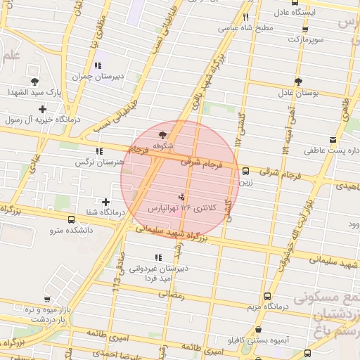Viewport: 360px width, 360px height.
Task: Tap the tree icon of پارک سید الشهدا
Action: click(x=34, y=82)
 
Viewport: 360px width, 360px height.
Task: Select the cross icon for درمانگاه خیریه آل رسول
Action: click(x=43, y=109)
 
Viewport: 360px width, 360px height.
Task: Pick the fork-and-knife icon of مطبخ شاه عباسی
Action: click(x=245, y=18)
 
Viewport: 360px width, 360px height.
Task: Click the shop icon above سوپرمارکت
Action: click(x=304, y=29)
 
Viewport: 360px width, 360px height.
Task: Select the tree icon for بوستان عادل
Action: click(x=298, y=81)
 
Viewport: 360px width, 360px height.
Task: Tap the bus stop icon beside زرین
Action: click(x=245, y=170)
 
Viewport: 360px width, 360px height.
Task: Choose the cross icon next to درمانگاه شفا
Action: click(x=106, y=202)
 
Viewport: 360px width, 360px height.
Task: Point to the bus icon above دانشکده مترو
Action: click(x=70, y=218)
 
